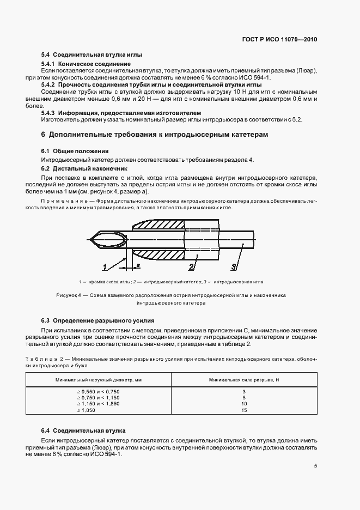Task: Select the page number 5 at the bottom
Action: click(315, 465)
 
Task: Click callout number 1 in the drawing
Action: click(103, 266)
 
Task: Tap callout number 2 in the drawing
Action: click(192, 266)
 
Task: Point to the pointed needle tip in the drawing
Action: click(91, 238)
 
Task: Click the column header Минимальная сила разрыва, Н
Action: click(243, 380)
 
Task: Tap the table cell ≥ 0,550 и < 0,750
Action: click(98, 392)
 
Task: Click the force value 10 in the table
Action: click(245, 403)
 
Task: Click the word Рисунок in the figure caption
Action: click(68, 295)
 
